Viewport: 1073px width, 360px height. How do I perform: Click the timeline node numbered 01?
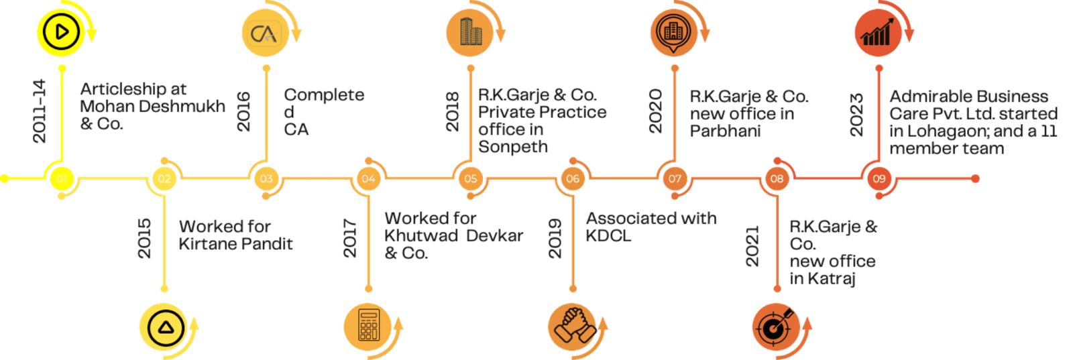pyautogui.click(x=62, y=178)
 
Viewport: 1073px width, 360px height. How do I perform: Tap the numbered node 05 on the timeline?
pyautogui.click(x=470, y=178)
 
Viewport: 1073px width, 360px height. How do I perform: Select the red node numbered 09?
pyautogui.click(x=879, y=178)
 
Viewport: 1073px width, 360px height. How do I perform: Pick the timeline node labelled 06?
pyautogui.click(x=573, y=178)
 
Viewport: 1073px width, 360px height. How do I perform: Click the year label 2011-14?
pyautogui.click(x=40, y=111)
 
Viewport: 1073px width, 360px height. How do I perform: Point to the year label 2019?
pyautogui.click(x=555, y=239)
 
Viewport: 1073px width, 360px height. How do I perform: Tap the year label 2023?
pyautogui.click(x=856, y=115)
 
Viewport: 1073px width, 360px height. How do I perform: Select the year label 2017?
pyautogui.click(x=349, y=239)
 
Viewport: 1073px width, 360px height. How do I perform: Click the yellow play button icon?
pyautogui.click(x=61, y=33)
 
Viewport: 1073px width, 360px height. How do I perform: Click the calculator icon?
pyautogui.click(x=368, y=326)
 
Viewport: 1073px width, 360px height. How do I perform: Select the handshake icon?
pyautogui.click(x=573, y=326)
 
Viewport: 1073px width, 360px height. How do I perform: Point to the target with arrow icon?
pyautogui.click(x=776, y=326)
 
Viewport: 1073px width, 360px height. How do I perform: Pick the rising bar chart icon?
pyautogui.click(x=879, y=33)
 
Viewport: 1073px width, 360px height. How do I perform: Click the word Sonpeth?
pyautogui.click(x=513, y=147)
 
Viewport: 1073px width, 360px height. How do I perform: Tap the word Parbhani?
pyautogui.click(x=725, y=131)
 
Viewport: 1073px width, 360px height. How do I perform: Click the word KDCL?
pyautogui.click(x=608, y=235)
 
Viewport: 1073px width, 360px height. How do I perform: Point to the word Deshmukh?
pyautogui.click(x=182, y=106)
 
